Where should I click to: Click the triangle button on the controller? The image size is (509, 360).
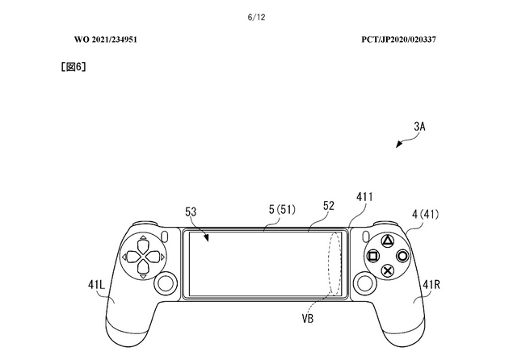point(387,241)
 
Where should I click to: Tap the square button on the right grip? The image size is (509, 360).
point(373,256)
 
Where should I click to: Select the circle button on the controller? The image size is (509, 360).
point(402,256)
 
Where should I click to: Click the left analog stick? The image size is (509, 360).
point(166,283)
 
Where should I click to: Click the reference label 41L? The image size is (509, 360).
point(96,285)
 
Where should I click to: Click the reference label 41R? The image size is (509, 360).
point(431,285)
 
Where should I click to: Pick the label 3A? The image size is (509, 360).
point(419,127)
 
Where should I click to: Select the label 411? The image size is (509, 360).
point(364,197)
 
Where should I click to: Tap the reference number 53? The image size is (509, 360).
point(191,211)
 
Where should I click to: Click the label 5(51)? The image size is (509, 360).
point(282,210)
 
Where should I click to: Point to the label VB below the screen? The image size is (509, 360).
point(308,319)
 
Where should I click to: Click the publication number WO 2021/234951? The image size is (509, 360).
point(106,40)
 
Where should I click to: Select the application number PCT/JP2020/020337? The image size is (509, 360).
point(398,40)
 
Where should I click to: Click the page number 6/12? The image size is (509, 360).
point(256,17)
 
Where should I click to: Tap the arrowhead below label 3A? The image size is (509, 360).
point(398,144)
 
